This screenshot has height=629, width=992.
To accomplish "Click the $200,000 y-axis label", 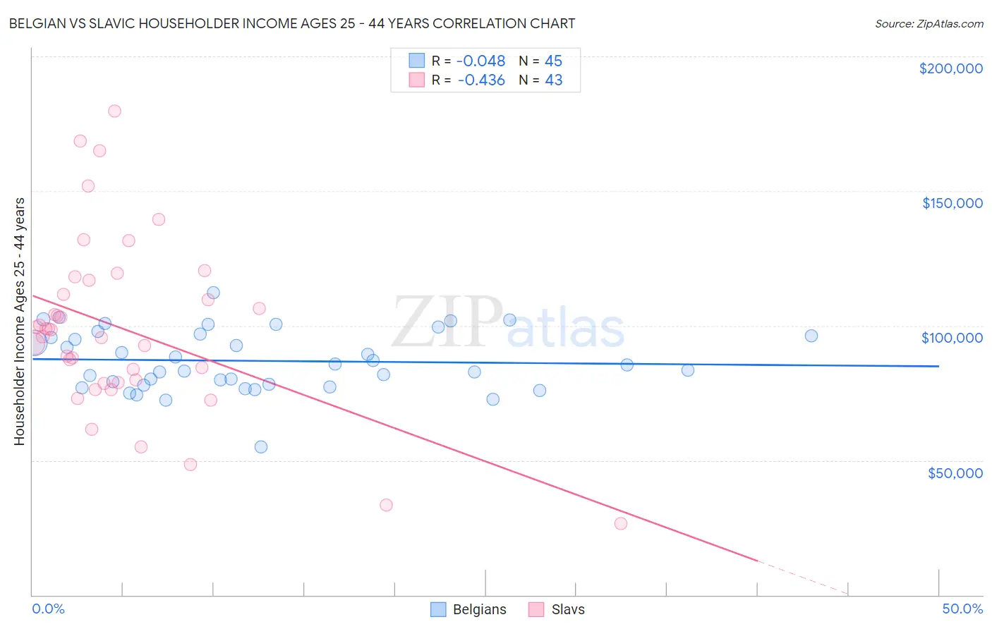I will pyautogui.click(x=950, y=68).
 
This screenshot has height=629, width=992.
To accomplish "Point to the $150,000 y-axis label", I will pyautogui.click(x=952, y=203).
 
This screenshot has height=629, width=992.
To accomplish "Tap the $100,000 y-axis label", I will pyautogui.click(x=952, y=338).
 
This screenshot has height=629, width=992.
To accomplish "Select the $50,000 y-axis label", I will pyautogui.click(x=955, y=472).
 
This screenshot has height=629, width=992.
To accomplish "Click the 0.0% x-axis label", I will pyautogui.click(x=48, y=609).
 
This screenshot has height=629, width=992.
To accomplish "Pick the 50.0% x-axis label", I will pyautogui.click(x=962, y=609).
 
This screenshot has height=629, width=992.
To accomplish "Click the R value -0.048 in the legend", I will pyautogui.click(x=481, y=61).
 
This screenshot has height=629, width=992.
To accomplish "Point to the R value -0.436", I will pyautogui.click(x=481, y=80).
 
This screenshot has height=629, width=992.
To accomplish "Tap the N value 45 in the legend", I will pyautogui.click(x=553, y=61).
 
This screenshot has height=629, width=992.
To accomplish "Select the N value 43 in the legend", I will pyautogui.click(x=553, y=80).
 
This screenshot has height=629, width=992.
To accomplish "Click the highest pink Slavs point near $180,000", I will pyautogui.click(x=114, y=111).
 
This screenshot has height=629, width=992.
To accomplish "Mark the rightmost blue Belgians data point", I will pyautogui.click(x=811, y=336).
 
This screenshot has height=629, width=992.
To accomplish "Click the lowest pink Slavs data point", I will pyautogui.click(x=621, y=523).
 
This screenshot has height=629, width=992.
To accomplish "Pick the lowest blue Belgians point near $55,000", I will pyautogui.click(x=261, y=446).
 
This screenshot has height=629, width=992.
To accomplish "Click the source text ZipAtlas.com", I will pyautogui.click(x=929, y=24).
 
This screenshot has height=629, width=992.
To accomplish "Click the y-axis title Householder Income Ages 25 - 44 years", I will pyautogui.click(x=19, y=322).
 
